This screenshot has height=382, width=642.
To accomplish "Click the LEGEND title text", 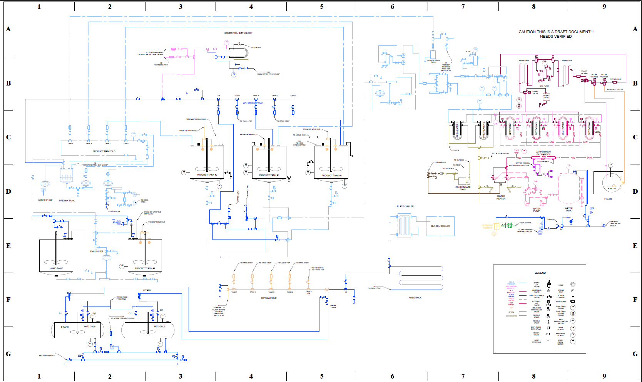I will pyautogui.click(x=540, y=273).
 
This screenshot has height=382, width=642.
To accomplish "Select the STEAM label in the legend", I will pyautogui.click(x=511, y=312).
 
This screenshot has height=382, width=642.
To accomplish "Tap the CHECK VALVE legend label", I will pyautogui.click(x=536, y=334).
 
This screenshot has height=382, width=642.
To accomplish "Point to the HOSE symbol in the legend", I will pyautogui.click(x=573, y=285).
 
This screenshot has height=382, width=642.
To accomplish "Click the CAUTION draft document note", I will pyautogui.click(x=556, y=34).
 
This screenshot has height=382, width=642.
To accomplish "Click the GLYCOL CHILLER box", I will pyautogui.click(x=440, y=226).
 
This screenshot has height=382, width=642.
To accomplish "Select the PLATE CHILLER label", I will pyautogui.click(x=405, y=206).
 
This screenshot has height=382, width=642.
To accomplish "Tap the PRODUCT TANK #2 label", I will pyautogui.click(x=207, y=175).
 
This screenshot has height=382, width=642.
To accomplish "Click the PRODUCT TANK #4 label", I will pyautogui.click(x=145, y=268).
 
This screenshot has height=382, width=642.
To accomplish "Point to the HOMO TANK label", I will pyautogui.click(x=56, y=268).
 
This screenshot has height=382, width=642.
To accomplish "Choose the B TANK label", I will pyautogui.click(x=65, y=327).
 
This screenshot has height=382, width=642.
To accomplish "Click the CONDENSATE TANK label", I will pyautogui.click(x=463, y=188).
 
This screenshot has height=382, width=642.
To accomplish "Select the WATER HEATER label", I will pyautogui.click(x=501, y=197).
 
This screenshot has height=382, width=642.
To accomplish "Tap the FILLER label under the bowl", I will pyautogui.click(x=608, y=199).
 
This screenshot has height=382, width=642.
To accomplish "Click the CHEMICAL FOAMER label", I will pyautogui.click(x=487, y=227).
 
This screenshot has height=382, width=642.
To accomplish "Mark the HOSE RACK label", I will pyautogui.click(x=415, y=298).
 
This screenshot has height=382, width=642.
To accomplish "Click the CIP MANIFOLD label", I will pyautogui.click(x=269, y=298).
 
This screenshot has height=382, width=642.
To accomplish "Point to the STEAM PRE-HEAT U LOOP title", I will pyautogui.click(x=238, y=33).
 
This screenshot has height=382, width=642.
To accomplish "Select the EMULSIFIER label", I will pyautogui.click(x=97, y=251).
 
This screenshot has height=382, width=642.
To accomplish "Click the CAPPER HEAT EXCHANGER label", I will pyautogui.click(x=543, y=153).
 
